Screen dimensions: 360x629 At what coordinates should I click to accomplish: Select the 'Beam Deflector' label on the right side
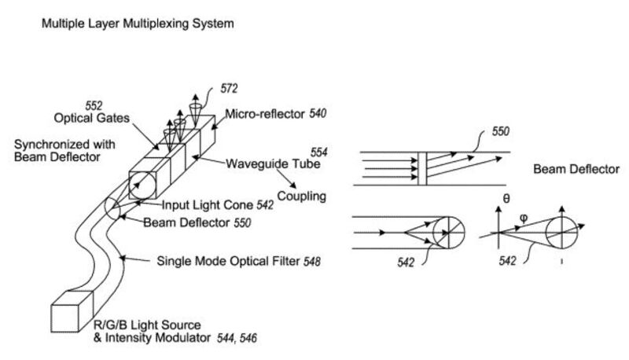pyautogui.click(x=576, y=169)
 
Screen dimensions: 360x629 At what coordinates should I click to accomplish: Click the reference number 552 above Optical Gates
pyautogui.click(x=94, y=105)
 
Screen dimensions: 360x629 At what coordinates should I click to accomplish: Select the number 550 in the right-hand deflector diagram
pyautogui.click(x=501, y=132)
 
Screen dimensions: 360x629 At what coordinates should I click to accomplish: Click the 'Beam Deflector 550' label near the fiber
pyautogui.click(x=197, y=223)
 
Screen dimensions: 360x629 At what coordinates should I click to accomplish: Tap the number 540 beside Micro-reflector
pyautogui.click(x=317, y=115)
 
